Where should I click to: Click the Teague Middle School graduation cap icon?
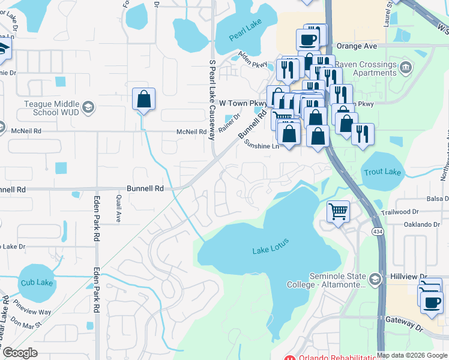click(x=88, y=108)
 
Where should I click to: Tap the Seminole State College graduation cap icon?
click(x=375, y=279)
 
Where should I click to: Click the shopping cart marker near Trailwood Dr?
click(x=338, y=211)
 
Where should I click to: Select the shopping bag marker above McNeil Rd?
click(x=144, y=99)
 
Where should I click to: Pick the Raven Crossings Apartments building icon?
click(x=406, y=65)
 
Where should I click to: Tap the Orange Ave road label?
click(x=356, y=45)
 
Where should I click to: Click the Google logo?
click(x=20, y=352)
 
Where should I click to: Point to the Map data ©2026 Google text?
click(x=412, y=355)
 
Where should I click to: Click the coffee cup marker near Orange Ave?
click(x=309, y=40)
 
